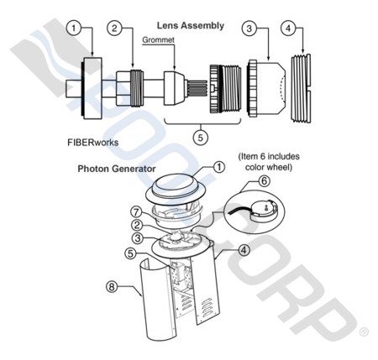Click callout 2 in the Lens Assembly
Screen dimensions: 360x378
[116, 29]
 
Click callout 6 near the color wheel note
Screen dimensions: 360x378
[264, 180]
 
